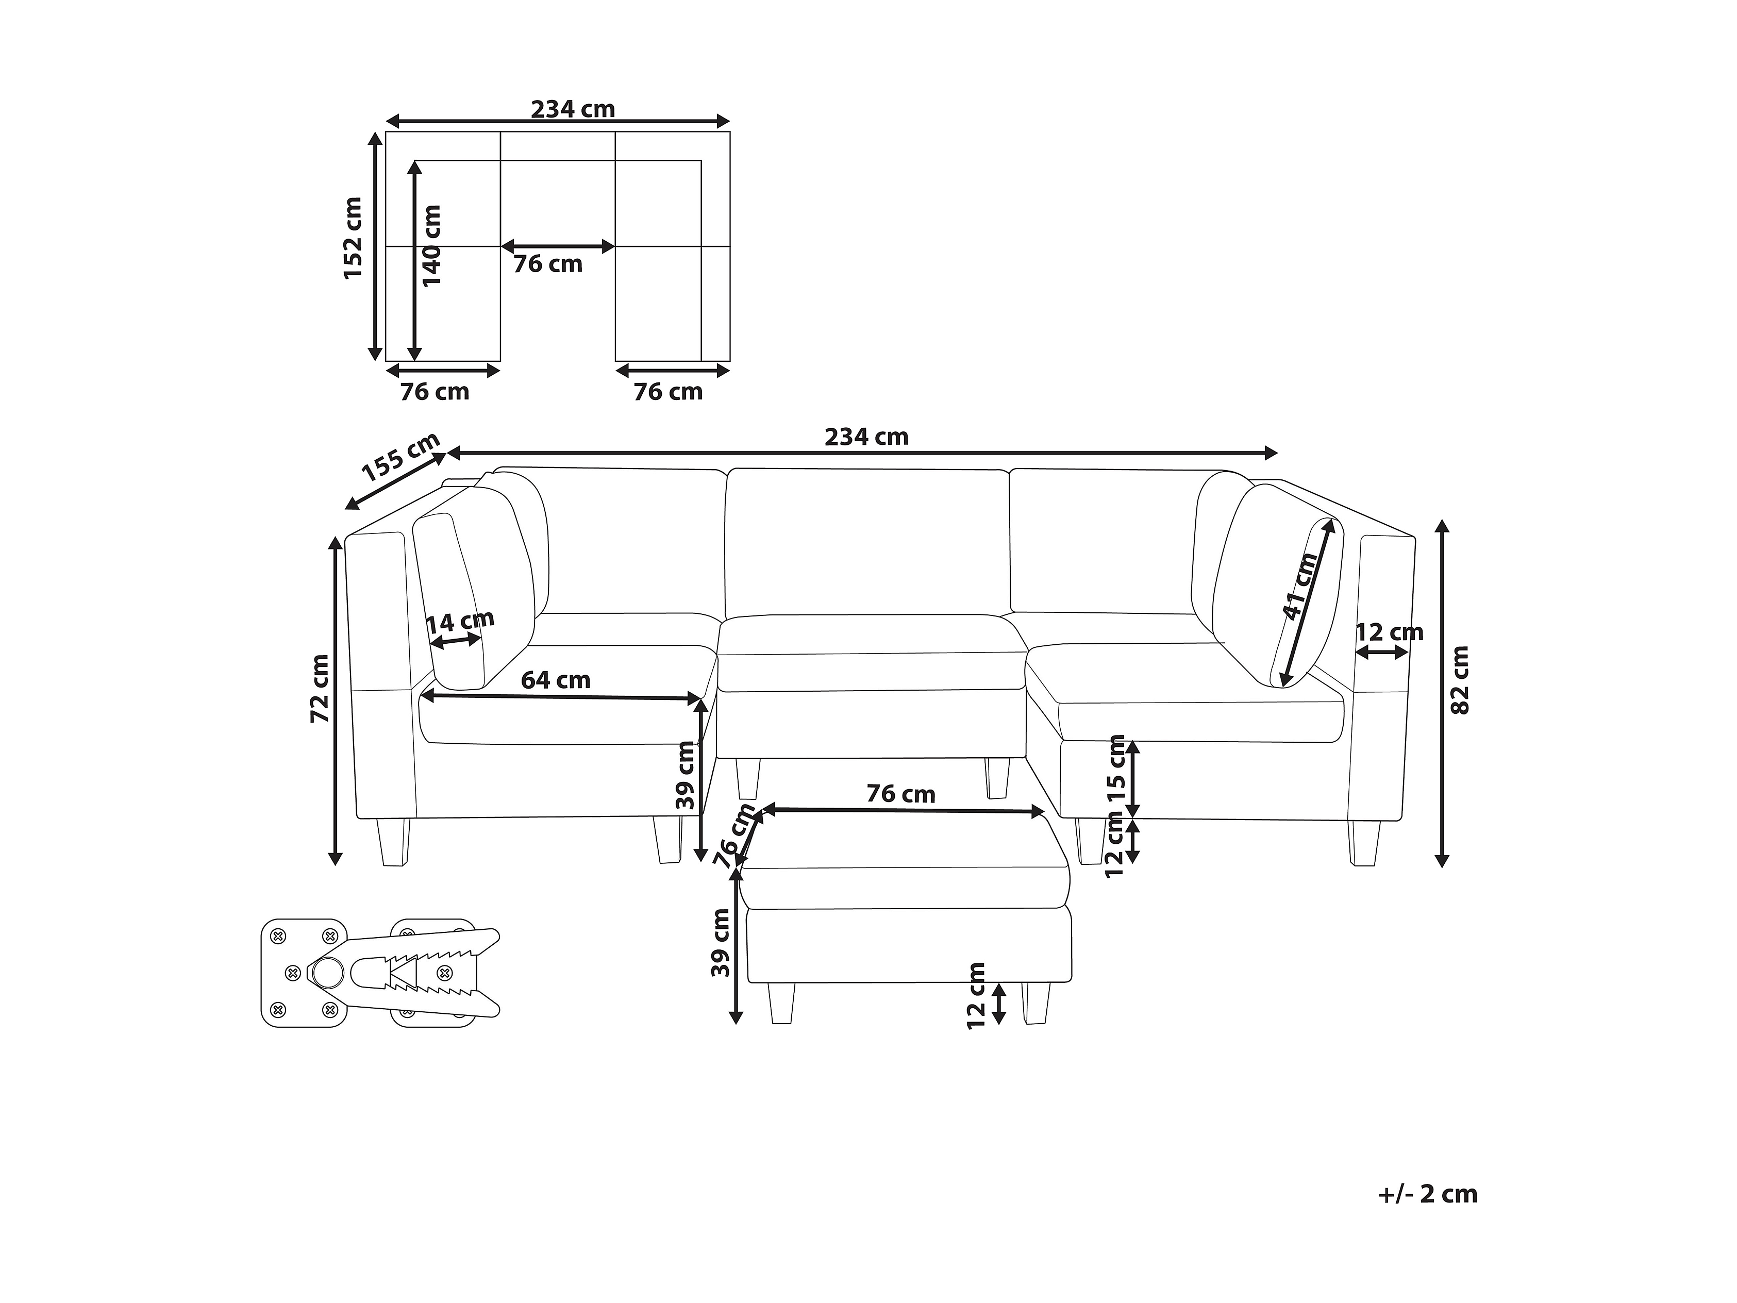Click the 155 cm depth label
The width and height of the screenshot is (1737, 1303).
point(400,457)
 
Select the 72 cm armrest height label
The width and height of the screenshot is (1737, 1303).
point(320,689)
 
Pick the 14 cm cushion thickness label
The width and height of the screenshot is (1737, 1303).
point(460,622)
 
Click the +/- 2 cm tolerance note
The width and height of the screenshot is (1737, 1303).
point(1428,1194)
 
